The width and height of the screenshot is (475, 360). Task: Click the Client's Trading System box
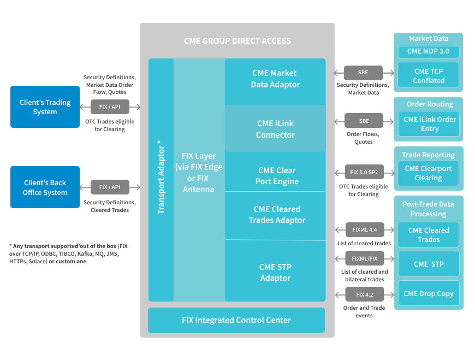45,107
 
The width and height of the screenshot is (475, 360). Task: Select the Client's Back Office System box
45,187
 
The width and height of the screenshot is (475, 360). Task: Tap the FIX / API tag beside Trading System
110,107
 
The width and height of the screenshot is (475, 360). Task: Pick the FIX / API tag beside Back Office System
110,187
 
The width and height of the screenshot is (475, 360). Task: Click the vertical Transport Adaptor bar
161,180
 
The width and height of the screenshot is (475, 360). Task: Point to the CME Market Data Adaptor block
275,79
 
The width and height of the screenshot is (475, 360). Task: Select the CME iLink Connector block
275,129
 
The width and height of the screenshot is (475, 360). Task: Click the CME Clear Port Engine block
275,175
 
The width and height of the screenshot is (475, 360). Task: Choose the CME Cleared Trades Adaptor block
275,215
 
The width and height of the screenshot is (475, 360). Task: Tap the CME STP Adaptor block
275,272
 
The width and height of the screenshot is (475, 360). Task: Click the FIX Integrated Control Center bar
236,320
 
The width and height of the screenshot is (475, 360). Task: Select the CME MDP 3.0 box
429,51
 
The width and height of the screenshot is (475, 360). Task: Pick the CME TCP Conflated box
429,75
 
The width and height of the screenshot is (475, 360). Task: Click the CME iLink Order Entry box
429,124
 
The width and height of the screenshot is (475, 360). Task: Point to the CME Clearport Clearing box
428,173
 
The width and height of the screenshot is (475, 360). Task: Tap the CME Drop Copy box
429,293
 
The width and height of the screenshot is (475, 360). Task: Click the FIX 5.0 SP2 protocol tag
364,173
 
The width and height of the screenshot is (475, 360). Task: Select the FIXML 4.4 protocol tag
365,230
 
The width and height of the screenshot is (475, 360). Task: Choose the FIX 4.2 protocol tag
364,294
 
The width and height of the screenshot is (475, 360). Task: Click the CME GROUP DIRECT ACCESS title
237,41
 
